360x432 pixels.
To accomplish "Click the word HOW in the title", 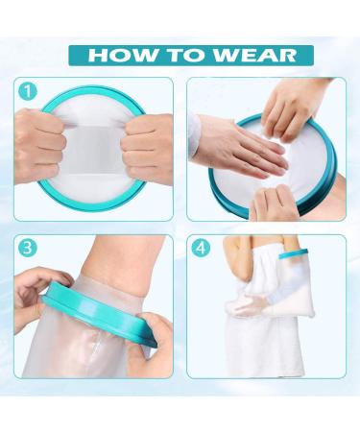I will (x=122, y=55).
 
